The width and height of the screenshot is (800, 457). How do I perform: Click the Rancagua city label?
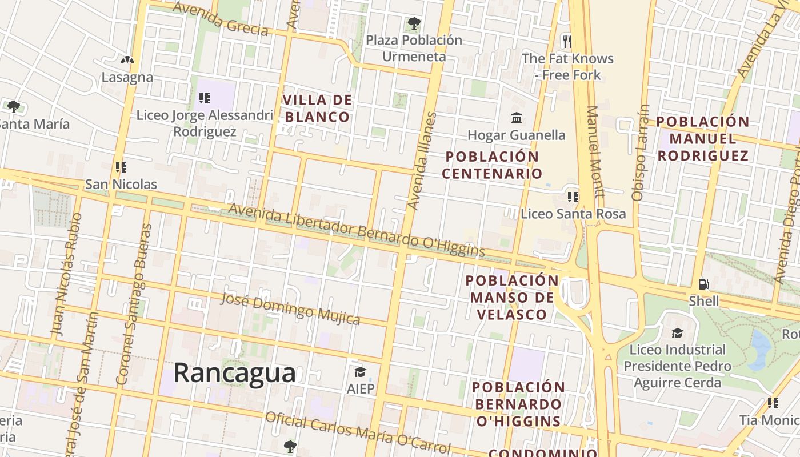[234, 373]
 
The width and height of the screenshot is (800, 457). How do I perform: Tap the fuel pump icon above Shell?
[704, 284]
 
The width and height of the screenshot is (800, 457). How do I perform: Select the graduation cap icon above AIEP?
[360, 372]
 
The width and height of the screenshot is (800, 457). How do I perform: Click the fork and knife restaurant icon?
[567, 41]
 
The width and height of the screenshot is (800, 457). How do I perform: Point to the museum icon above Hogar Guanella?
[517, 118]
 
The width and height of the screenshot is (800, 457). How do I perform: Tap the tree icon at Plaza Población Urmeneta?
[414, 24]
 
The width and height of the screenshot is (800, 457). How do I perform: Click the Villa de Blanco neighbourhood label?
[317, 109]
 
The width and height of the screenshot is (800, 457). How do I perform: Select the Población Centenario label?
[493, 165]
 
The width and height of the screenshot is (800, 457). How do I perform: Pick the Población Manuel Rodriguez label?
[702, 138]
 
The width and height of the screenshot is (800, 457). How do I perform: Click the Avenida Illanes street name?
[423, 161]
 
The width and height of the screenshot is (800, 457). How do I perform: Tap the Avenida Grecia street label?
[221, 18]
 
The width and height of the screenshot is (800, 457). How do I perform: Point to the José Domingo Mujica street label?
[290, 308]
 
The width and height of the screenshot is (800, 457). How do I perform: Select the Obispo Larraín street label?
[641, 152]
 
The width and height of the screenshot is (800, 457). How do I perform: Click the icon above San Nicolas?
[121, 167]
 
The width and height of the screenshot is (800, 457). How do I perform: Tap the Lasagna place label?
[127, 77]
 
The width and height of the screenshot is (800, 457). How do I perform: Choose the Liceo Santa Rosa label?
[573, 214]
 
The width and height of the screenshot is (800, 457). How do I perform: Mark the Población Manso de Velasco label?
[512, 297]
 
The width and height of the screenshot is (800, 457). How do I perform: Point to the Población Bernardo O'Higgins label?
[518, 404]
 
